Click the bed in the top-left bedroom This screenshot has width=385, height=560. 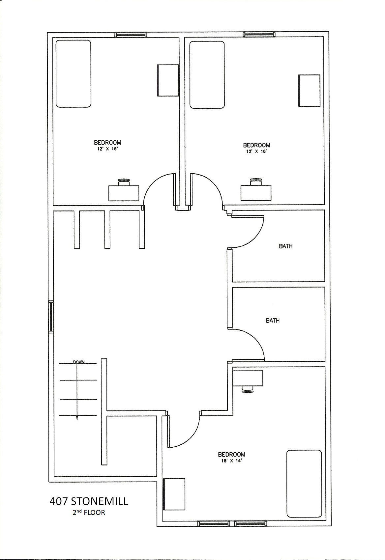(73, 74)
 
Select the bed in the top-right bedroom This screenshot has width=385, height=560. (207, 75)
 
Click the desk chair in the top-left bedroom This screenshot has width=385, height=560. (124, 182)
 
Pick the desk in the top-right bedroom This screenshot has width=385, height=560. (256, 193)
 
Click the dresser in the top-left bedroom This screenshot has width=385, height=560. (168, 80)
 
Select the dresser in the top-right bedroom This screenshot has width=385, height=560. (309, 91)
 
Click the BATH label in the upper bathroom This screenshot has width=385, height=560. (285, 246)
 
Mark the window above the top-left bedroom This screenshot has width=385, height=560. (131, 35)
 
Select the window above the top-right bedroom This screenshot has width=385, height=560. (259, 34)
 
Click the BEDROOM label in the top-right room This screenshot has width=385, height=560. (256, 145)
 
